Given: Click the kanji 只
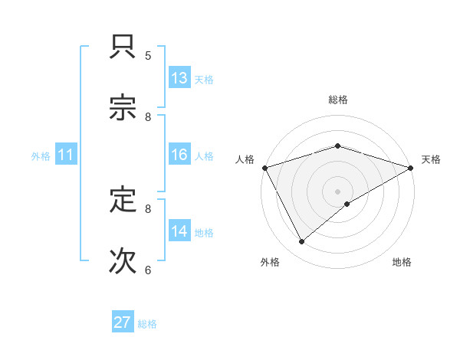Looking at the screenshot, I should pyautogui.click(x=123, y=49).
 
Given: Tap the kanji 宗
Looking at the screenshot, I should pyautogui.click(x=123, y=109).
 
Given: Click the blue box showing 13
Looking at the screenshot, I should pyautogui.click(x=179, y=78).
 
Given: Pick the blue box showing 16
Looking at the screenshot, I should pyautogui.click(x=179, y=155).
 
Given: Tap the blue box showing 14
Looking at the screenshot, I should pyautogui.click(x=179, y=231).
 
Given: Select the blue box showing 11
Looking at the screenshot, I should pyautogui.click(x=65, y=155).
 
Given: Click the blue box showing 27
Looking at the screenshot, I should pyautogui.click(x=123, y=322).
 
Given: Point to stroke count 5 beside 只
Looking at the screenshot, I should pyautogui.click(x=148, y=55).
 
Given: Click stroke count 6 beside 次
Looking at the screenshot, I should pyautogui.click(x=148, y=270).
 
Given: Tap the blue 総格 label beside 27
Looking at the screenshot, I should pyautogui.click(x=147, y=324).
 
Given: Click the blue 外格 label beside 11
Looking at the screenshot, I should pyautogui.click(x=41, y=156).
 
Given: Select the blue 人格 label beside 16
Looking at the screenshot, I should pyautogui.click(x=204, y=156).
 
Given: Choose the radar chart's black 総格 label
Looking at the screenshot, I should pyautogui.click(x=338, y=100).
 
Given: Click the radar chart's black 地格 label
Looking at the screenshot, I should pyautogui.click(x=402, y=262).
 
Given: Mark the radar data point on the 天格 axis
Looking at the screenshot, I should pyautogui.click(x=410, y=167).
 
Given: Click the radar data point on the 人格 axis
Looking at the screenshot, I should pyautogui.click(x=264, y=167).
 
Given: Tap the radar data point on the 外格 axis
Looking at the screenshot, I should pyautogui.click(x=302, y=242).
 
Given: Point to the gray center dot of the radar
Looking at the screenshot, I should pyautogui.click(x=338, y=191).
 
